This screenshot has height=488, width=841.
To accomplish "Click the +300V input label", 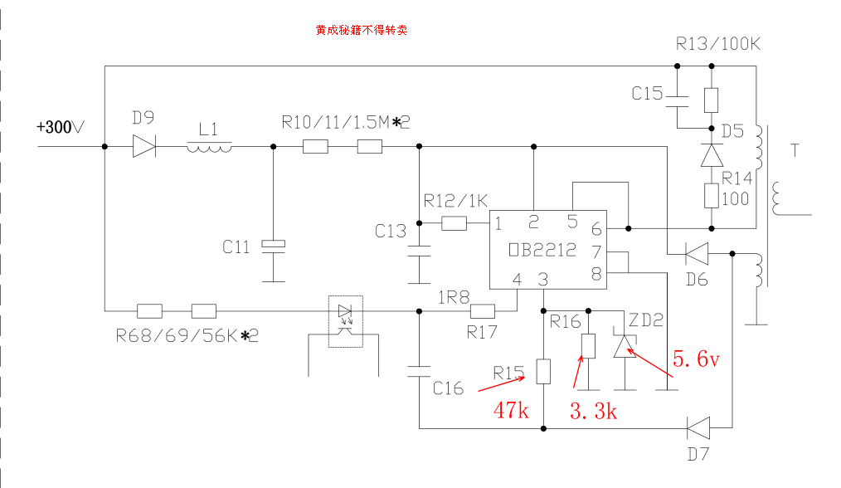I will [61, 128].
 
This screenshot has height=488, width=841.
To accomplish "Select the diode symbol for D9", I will [143, 147].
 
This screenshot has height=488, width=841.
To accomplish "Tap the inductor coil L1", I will [209, 147].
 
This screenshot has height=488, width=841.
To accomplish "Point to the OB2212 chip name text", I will [543, 250].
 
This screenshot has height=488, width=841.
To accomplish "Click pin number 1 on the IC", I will [498, 222].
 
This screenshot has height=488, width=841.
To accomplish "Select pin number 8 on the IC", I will [596, 271].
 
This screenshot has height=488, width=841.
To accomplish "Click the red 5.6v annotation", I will [695, 360].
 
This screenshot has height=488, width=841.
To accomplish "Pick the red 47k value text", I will [511, 410].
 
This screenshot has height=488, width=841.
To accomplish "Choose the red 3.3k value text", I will [593, 410].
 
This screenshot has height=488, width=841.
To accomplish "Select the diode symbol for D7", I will [698, 428].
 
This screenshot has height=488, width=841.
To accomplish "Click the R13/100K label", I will [717, 44].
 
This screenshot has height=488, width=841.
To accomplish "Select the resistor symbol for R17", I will [482, 311].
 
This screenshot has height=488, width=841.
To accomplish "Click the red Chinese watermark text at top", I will [361, 30].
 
